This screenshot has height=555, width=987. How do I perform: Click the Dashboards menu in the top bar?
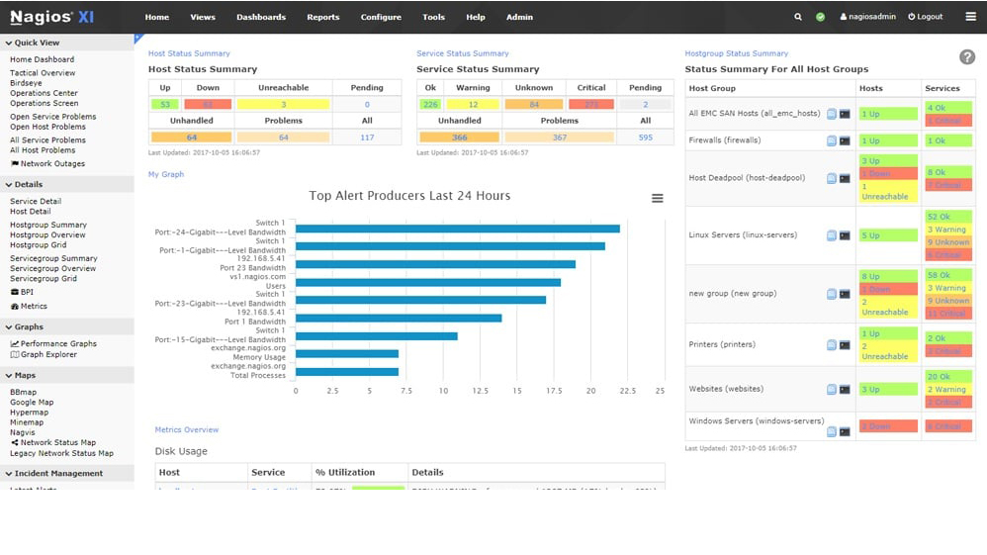[x=261, y=17]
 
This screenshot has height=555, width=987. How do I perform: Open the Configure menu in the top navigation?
[x=381, y=17]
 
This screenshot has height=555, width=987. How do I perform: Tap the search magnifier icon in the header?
[x=798, y=17]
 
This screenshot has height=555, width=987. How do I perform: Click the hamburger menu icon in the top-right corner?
[x=970, y=17]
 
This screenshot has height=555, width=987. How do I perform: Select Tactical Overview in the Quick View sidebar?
[x=43, y=73]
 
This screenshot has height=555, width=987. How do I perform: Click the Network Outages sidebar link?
[x=52, y=164]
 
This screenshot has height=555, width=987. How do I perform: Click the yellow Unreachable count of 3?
[x=283, y=104]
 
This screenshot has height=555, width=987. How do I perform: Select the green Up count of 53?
[x=165, y=104]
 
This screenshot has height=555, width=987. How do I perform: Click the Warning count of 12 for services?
[x=473, y=104]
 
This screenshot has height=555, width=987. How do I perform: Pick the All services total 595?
[x=645, y=138]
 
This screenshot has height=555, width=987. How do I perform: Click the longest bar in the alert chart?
[x=458, y=229]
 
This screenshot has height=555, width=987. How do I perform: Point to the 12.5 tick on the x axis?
[x=480, y=391]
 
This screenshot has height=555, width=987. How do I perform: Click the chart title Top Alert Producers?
[x=409, y=196]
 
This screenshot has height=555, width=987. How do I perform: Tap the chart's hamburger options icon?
[x=657, y=199]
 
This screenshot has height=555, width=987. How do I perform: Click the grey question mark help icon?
[x=967, y=58]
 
